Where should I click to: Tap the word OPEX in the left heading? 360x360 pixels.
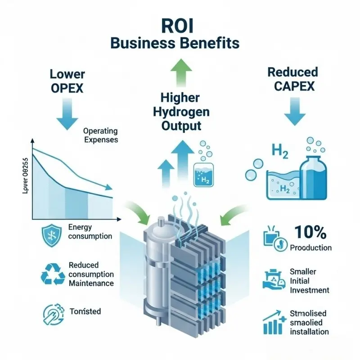(67, 88)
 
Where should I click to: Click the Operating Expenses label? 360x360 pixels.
(100, 135)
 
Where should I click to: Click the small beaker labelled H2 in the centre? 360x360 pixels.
(202, 175)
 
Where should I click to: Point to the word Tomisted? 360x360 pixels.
(85, 311)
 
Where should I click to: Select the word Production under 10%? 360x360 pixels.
(311, 247)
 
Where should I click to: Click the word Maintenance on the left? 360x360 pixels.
(91, 283)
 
